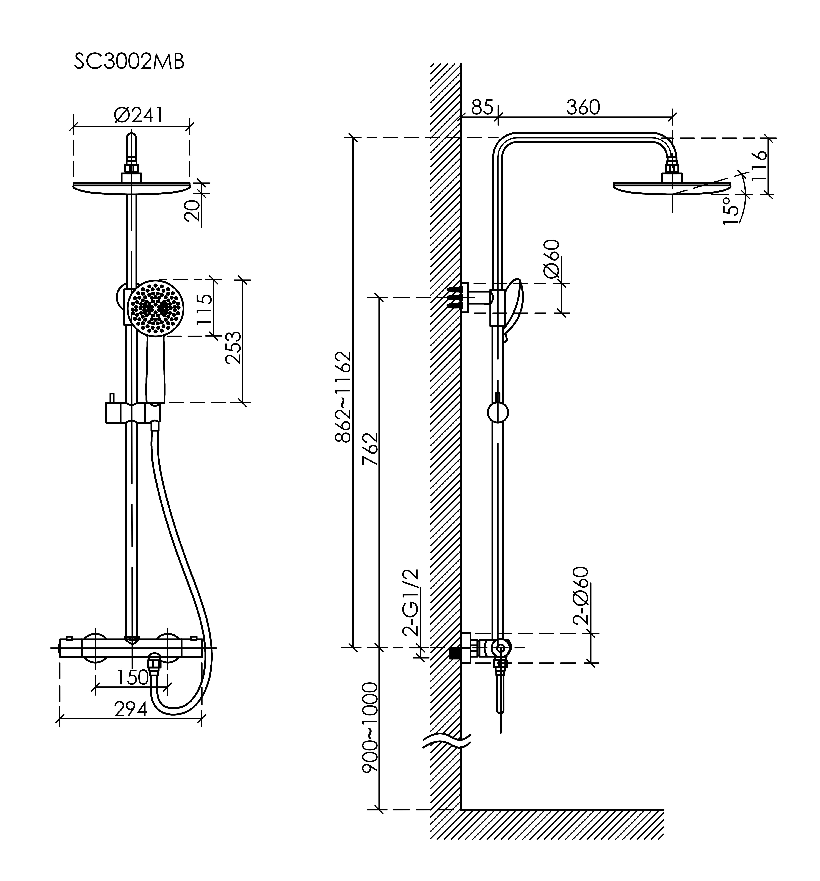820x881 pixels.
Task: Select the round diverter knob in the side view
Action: [x=497, y=413]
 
